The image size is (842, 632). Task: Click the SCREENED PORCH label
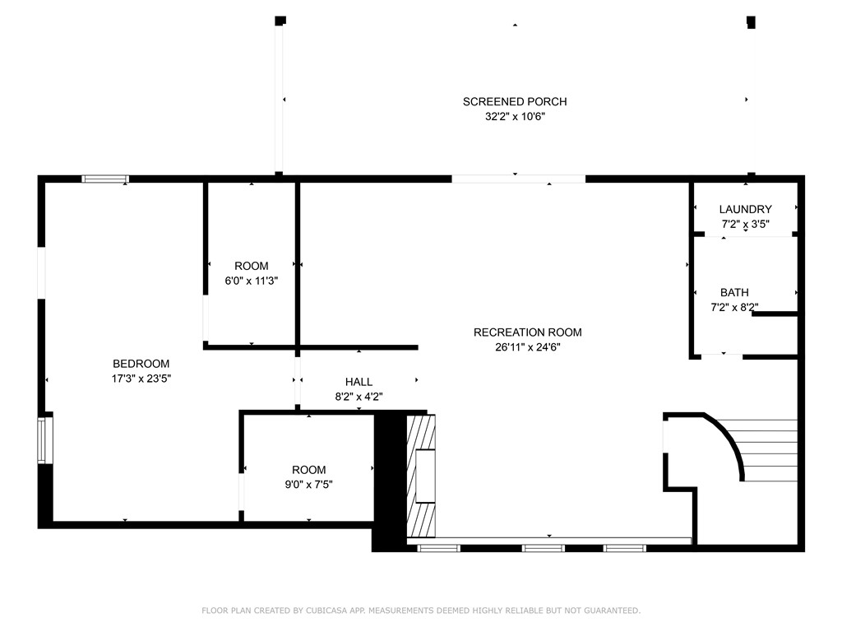(x=515, y=101)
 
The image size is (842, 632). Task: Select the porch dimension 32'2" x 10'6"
(x=515, y=117)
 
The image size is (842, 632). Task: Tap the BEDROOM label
(x=141, y=364)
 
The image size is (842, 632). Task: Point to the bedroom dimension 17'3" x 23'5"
(x=141, y=379)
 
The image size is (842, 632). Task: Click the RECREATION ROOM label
(x=527, y=332)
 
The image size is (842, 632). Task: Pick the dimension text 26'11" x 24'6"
(x=527, y=346)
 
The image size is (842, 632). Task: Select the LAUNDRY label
(x=745, y=209)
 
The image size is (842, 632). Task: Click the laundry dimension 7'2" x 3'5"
(x=745, y=224)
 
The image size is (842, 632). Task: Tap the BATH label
(x=734, y=292)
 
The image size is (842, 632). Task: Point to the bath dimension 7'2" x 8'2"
(x=734, y=307)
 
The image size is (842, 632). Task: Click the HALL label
(x=359, y=382)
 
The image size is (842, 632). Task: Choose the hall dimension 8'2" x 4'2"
(x=359, y=396)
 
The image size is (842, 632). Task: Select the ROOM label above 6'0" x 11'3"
(x=252, y=266)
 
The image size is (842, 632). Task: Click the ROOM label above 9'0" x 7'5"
(x=308, y=470)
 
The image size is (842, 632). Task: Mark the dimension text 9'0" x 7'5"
(x=308, y=485)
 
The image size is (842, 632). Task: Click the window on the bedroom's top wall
(x=104, y=179)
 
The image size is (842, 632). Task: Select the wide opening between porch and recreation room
(x=518, y=179)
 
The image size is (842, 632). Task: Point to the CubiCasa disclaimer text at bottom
(x=421, y=611)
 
